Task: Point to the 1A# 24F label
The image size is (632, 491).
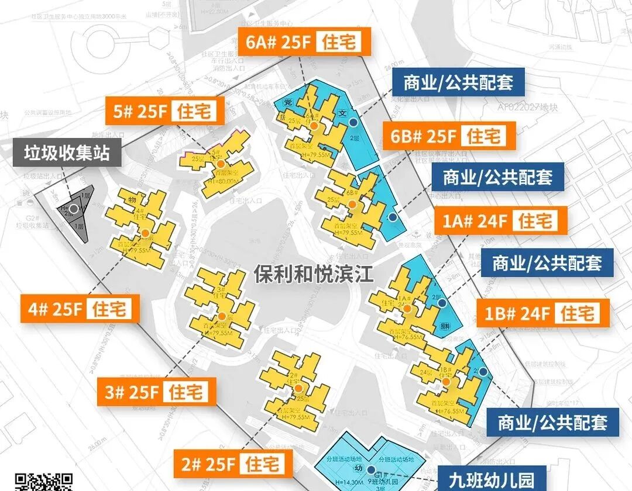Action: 502,222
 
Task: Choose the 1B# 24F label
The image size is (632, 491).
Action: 544,314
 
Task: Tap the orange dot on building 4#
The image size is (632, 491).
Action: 145,233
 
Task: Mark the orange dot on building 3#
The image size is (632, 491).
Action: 221,316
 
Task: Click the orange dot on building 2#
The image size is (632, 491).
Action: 298,388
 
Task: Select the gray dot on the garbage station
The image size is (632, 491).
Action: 74,208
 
